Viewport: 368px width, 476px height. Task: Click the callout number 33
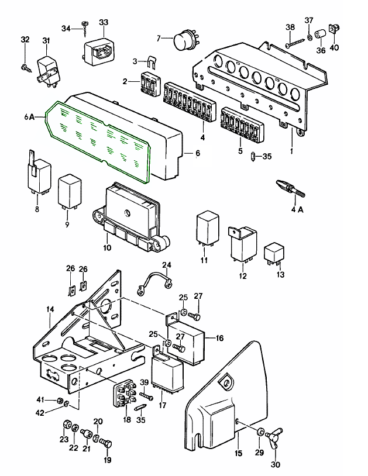pos(103,22)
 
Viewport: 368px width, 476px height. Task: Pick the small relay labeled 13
pos(274,254)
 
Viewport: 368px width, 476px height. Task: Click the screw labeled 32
pos(25,68)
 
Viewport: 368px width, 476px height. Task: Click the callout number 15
pos(239,453)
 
